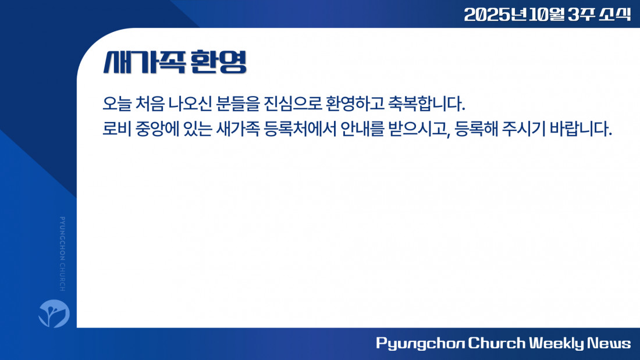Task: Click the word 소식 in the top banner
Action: [615, 15]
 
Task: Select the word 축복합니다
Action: [426, 104]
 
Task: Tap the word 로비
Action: [116, 129]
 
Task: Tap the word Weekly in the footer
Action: [557, 343]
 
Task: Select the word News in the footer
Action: [609, 343]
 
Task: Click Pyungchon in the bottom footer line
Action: [420, 344]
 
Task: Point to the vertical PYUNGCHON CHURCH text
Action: [62, 254]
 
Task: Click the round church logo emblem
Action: [54, 313]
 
